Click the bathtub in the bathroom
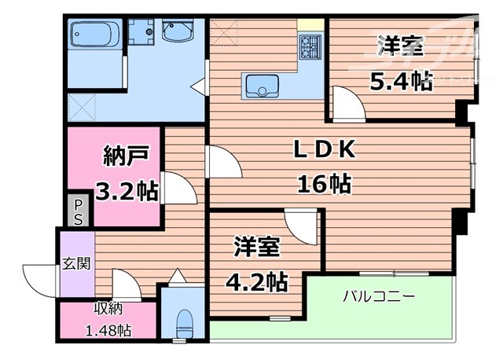click(x=94, y=35)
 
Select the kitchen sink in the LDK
click(x=263, y=85)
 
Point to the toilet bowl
click(x=185, y=321)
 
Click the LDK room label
click(x=326, y=149)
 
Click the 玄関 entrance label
click(x=75, y=262)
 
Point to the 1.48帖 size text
click(x=108, y=331)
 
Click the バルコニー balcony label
click(x=378, y=296)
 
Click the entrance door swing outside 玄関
click(x=40, y=277)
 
